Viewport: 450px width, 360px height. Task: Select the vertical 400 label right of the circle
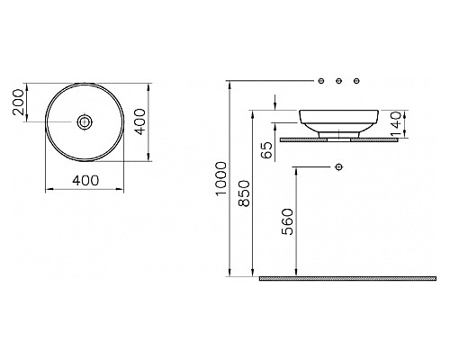pos(139,121)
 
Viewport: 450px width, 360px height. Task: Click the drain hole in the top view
pos(86,121)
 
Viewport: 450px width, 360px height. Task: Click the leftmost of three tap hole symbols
pos(320,82)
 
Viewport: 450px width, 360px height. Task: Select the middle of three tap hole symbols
pos(338,82)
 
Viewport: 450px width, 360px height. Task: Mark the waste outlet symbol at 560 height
pos(338,167)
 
